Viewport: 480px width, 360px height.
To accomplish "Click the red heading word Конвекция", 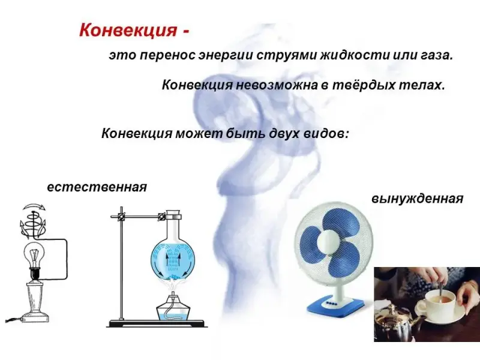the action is click(x=128, y=31).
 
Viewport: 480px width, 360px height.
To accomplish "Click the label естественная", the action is click(x=97, y=187).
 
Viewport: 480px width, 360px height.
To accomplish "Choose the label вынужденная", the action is click(x=418, y=199).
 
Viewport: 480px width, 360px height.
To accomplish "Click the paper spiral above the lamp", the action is click(x=33, y=220).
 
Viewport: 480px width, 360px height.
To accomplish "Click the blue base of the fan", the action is click(x=336, y=306).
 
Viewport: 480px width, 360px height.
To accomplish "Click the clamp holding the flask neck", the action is click(x=161, y=217).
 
